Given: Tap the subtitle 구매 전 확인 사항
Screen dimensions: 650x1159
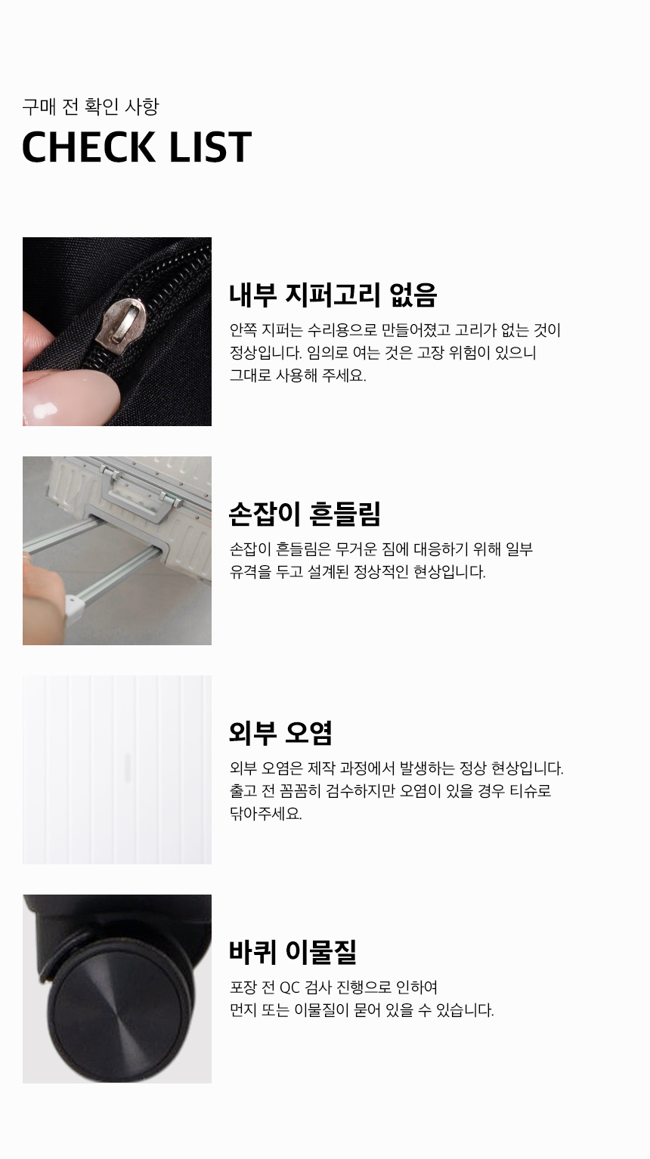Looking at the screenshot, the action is [91, 107].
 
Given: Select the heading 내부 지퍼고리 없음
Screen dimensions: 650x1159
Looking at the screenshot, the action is [333, 295].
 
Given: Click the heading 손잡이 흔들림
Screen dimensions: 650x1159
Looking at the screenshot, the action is [305, 514].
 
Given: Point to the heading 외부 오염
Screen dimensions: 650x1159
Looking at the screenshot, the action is [280, 733].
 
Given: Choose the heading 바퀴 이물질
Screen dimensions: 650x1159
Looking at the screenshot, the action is [293, 952].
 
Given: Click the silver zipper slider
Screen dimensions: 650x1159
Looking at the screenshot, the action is [122, 323].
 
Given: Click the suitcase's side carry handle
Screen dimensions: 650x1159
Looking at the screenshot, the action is [141, 495].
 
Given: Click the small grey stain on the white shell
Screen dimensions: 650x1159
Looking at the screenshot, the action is [127, 766].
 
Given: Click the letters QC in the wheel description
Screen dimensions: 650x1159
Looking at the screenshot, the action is [289, 987].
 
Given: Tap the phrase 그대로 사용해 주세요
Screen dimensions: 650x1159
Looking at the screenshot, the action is [298, 375].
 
